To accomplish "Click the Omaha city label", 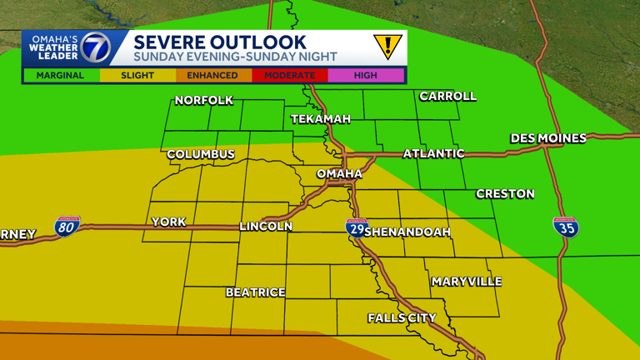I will coord(339,173).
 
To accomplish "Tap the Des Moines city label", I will coord(548,138).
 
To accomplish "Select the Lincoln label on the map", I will coord(266,226).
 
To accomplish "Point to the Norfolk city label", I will coord(203,101).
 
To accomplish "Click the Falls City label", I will coord(402,317).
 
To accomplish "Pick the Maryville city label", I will coord(467,282).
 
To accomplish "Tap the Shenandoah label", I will coord(407,232).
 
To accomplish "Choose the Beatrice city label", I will coord(255,292).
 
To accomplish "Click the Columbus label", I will coord(201,155).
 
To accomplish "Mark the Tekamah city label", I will coord(321,119).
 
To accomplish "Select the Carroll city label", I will coord(447,96).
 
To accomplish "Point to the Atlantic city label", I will coord(433,153).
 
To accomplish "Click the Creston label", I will coord(505,193).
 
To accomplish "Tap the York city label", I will coord(167,222).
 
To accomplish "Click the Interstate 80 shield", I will coord(67,226).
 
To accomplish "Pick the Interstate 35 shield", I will coord(566,227).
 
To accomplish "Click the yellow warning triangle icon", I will coord(387,47).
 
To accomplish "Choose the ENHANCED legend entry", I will coord(212,76).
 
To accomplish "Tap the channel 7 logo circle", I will coord(94,48).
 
